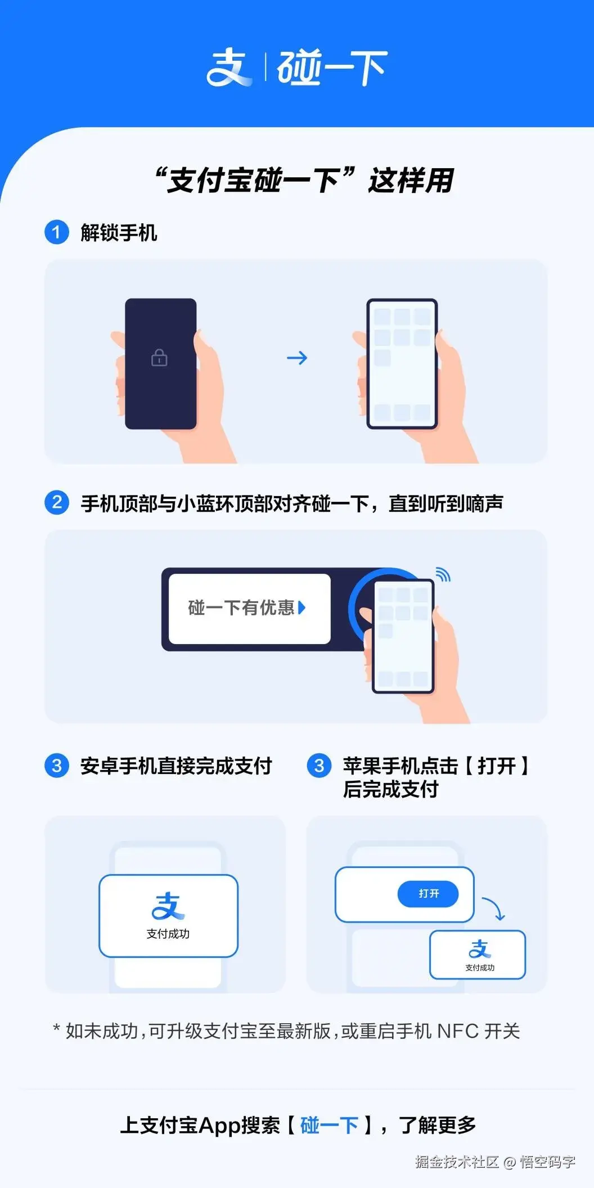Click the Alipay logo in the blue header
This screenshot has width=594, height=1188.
tap(229, 67)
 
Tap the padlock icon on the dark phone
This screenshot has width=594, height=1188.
tap(159, 358)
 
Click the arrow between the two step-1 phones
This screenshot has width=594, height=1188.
tap(297, 358)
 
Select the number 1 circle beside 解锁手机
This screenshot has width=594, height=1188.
tap(56, 232)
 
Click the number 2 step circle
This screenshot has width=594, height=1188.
tap(56, 502)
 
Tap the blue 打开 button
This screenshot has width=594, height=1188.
tap(428, 894)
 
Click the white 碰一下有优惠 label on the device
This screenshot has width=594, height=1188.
tap(249, 608)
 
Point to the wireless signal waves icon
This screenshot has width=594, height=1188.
tap(443, 574)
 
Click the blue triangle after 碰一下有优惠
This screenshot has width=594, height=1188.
tap(302, 607)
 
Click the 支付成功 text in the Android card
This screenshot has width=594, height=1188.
tap(168, 934)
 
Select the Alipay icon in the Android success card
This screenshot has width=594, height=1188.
tap(168, 906)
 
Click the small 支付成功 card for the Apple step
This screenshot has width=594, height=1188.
tap(478, 955)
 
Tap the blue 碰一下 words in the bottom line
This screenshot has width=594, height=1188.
tap(330, 1125)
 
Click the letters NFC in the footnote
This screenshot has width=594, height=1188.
tap(458, 1031)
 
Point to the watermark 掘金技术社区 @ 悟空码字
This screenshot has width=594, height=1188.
tap(495, 1162)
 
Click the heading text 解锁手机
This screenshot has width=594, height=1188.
tap(119, 232)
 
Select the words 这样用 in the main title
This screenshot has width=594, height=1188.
tap(411, 181)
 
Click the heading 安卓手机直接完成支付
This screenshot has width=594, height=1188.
tap(176, 766)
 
